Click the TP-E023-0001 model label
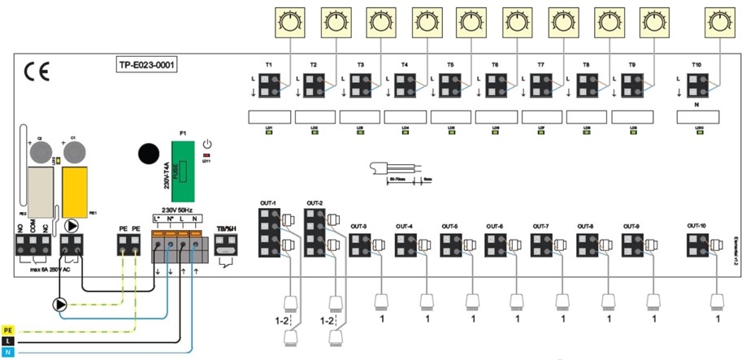tap(145, 64)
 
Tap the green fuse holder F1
tap(184, 169)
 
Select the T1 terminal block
tap(268, 84)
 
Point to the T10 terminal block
tap(695, 84)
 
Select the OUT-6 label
tap(495, 225)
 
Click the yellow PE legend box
tap(8, 330)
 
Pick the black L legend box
tap(8, 341)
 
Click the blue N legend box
tap(8, 353)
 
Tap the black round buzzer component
tap(149, 154)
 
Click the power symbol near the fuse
tap(207, 143)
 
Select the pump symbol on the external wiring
tap(60, 305)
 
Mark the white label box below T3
tap(360, 117)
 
